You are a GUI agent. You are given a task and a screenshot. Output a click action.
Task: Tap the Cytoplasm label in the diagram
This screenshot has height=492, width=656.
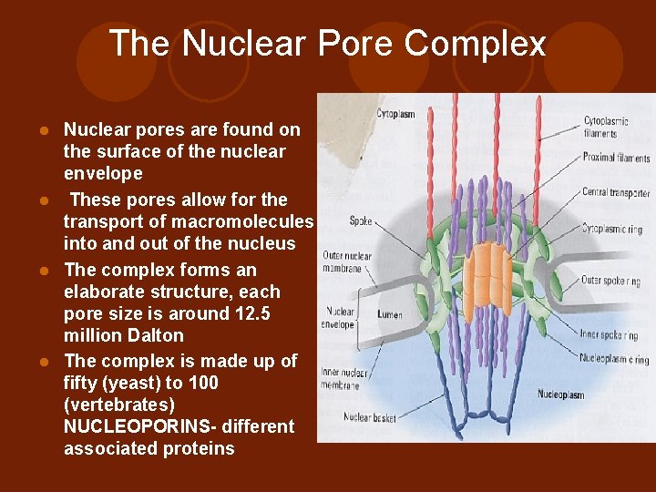click(x=396, y=114)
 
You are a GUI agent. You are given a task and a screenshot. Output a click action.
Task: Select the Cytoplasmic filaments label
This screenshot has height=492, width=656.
click(x=606, y=127)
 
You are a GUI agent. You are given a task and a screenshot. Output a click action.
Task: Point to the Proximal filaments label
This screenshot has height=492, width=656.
click(x=616, y=158)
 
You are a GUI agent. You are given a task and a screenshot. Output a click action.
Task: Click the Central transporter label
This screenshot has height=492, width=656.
click(x=616, y=192)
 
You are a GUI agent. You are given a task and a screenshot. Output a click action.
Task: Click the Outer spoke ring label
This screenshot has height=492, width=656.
click(x=610, y=280)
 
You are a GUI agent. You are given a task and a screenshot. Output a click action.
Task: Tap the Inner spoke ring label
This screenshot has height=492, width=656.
click(x=609, y=334)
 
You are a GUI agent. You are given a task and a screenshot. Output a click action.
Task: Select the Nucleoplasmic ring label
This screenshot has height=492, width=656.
click(x=615, y=360)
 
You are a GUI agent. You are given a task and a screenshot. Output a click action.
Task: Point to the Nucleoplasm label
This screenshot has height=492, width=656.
click(x=560, y=395)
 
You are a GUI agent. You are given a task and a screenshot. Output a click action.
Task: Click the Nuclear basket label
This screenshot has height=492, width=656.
click(x=369, y=418)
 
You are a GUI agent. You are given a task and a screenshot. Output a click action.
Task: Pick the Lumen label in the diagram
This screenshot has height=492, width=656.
click(x=390, y=314)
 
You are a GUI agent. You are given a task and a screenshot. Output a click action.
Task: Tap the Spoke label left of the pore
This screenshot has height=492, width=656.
click(x=361, y=220)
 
